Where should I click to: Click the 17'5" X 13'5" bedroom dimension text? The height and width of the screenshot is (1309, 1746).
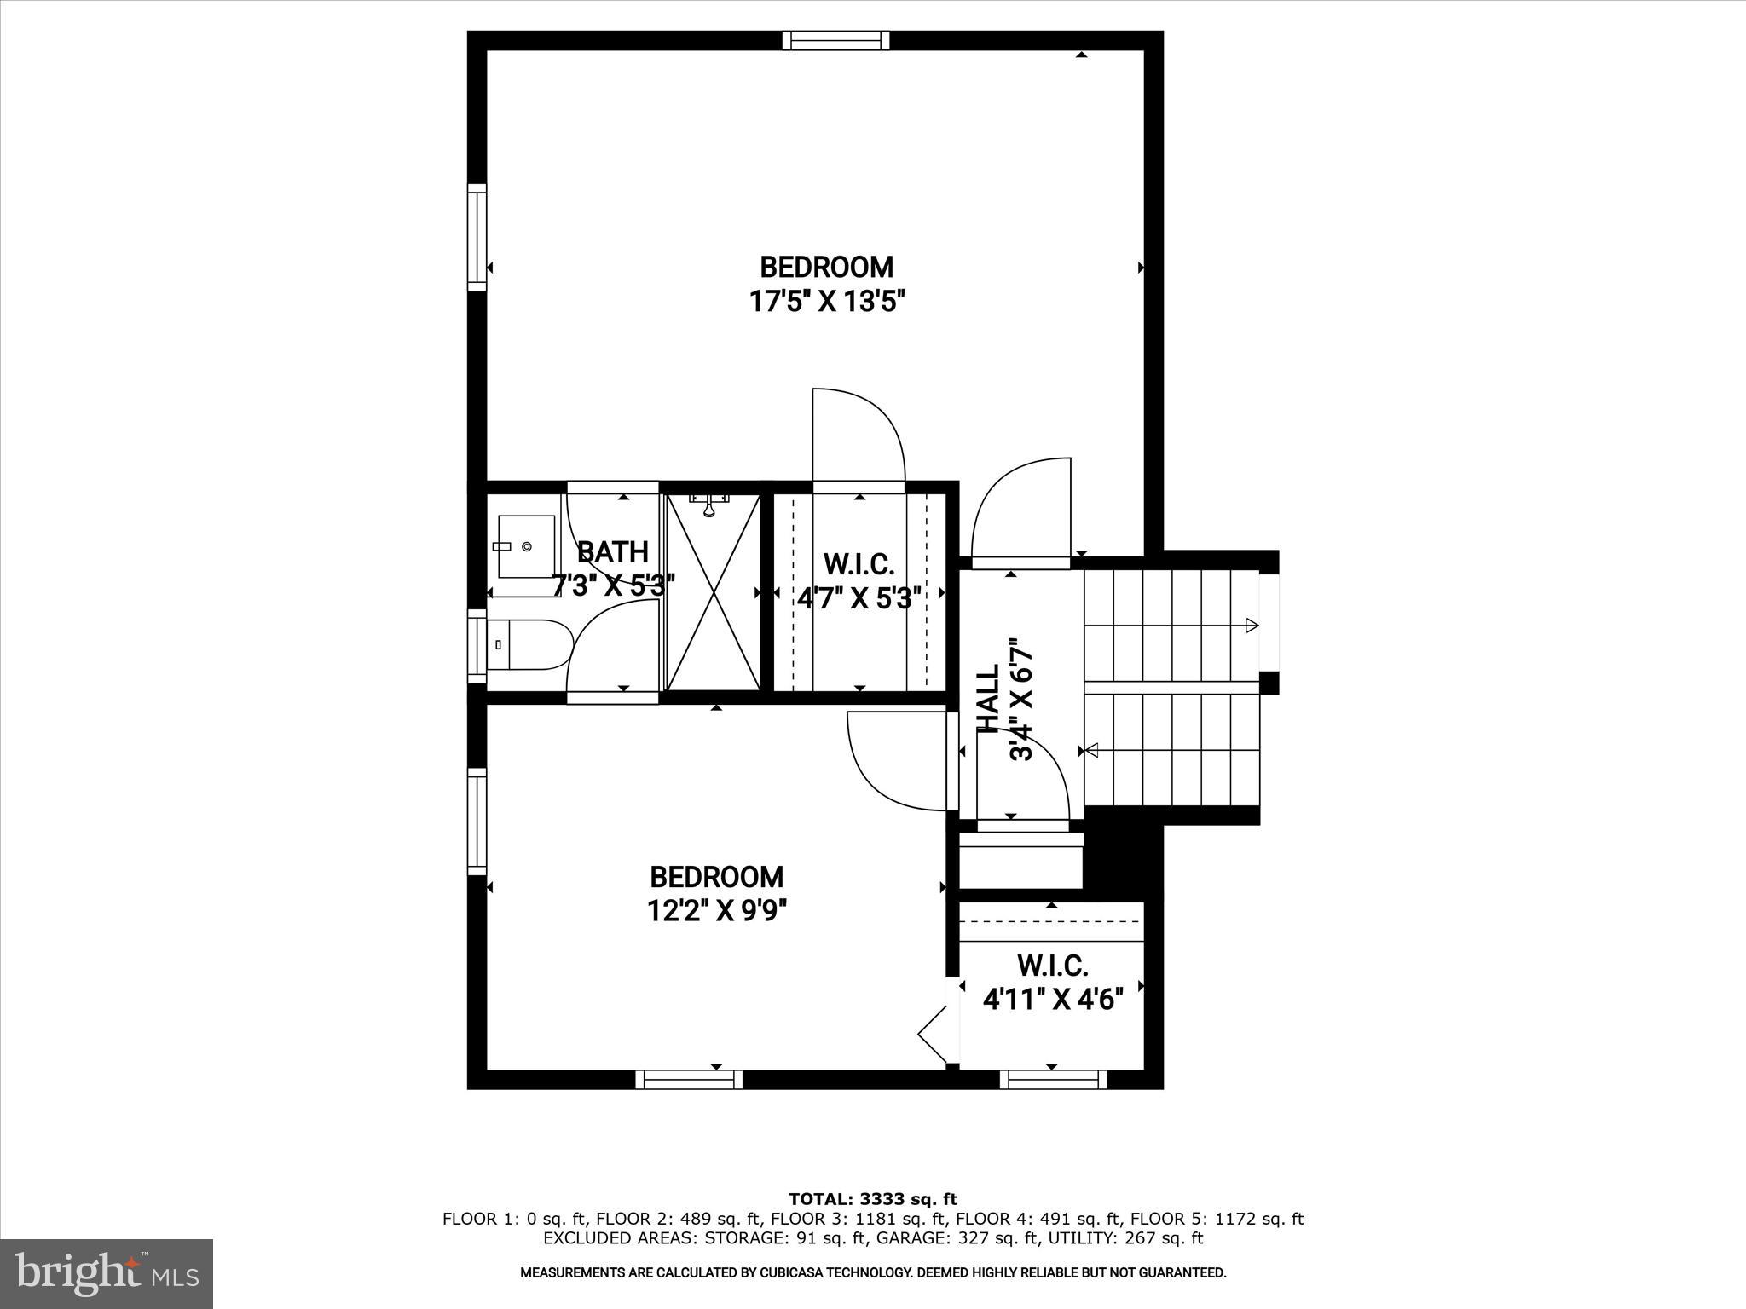click(826, 302)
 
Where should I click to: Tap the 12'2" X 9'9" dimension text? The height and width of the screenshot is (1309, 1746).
click(716, 911)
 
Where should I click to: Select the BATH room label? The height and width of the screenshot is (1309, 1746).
click(613, 552)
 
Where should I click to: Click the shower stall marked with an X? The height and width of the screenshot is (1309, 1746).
click(713, 591)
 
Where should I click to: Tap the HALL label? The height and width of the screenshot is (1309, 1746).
click(988, 699)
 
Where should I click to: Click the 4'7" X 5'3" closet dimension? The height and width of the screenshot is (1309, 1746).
click(859, 598)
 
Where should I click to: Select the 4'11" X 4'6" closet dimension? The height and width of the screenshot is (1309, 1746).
click(1053, 998)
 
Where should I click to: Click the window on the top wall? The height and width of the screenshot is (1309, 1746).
click(835, 40)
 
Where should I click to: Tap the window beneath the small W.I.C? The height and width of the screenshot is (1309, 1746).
click(1053, 1080)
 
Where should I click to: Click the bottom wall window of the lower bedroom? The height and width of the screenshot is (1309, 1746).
click(689, 1080)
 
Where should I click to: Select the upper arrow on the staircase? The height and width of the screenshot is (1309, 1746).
click(1251, 626)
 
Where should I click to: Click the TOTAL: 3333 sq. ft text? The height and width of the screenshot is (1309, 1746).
click(872, 1200)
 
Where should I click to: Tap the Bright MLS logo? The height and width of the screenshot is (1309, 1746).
click(107, 1275)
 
